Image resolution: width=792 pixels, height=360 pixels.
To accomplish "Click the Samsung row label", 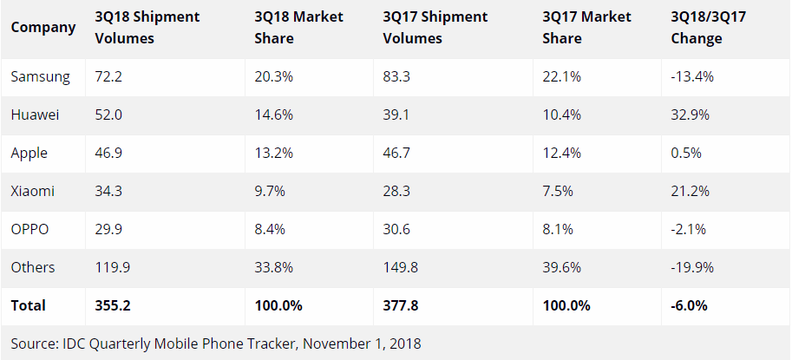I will (40, 76).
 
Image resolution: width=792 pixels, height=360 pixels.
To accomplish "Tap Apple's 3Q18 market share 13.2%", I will (274, 153).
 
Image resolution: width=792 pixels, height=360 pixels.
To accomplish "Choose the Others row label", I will (33, 267).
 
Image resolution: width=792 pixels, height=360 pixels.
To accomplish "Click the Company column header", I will (43, 27).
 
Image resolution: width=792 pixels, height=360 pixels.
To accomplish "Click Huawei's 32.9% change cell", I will (692, 115).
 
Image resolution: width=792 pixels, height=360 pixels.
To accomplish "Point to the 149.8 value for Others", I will (400, 267).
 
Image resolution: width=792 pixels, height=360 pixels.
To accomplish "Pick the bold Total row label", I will (29, 305).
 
